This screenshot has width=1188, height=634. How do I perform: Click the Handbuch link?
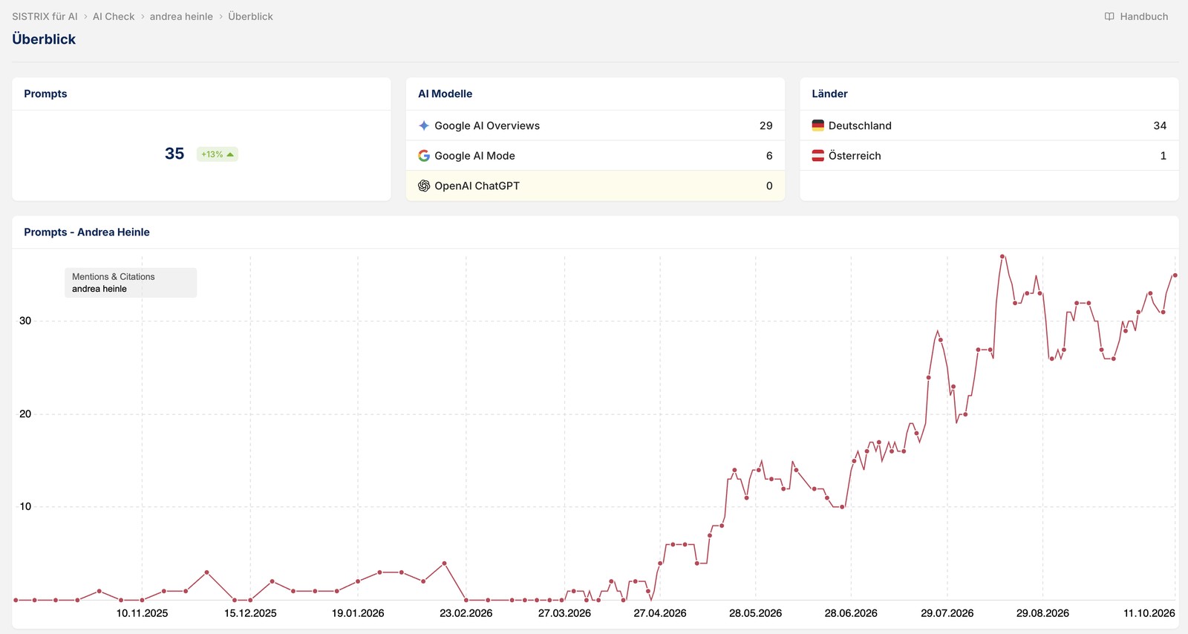pyautogui.click(x=1136, y=16)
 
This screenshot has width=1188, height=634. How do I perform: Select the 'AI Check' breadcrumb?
pyautogui.click(x=114, y=16)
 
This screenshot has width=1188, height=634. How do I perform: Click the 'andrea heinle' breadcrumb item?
pyautogui.click(x=181, y=16)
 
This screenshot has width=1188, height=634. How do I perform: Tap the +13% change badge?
pyautogui.click(x=218, y=154)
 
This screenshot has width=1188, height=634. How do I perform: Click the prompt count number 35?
pyautogui.click(x=174, y=154)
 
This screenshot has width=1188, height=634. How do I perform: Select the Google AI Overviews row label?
pyautogui.click(x=487, y=125)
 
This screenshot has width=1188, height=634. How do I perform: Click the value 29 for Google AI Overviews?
pyautogui.click(x=766, y=125)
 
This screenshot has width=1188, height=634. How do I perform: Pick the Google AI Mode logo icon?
pyautogui.click(x=424, y=155)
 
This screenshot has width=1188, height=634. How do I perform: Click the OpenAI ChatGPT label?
pyautogui.click(x=477, y=186)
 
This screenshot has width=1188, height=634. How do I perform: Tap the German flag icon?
pyautogui.click(x=817, y=125)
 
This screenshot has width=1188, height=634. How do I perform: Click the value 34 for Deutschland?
pyautogui.click(x=1160, y=125)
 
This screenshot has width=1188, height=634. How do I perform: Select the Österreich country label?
pyautogui.click(x=855, y=155)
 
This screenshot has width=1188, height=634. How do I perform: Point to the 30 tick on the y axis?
pyautogui.click(x=25, y=321)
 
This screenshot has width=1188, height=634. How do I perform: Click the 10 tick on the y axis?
pyautogui.click(x=25, y=506)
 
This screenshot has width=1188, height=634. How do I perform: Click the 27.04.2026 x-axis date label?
pyautogui.click(x=660, y=613)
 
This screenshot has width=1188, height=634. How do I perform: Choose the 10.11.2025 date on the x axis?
pyautogui.click(x=142, y=613)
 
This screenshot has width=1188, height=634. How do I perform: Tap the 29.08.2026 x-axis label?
pyautogui.click(x=1042, y=613)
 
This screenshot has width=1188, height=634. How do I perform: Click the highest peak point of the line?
pyautogui.click(x=1002, y=257)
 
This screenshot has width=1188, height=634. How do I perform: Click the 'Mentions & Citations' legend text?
pyautogui.click(x=114, y=277)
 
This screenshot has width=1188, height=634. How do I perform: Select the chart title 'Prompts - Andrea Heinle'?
pyautogui.click(x=86, y=232)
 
